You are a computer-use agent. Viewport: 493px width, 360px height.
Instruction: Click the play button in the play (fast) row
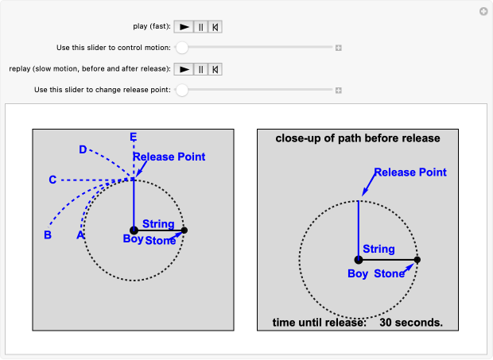pos(184,26)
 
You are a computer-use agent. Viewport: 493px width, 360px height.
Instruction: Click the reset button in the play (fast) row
pos(215,26)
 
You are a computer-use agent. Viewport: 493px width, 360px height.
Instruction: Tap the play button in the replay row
pos(184,69)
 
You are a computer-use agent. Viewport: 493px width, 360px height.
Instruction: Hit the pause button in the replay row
pos(200,69)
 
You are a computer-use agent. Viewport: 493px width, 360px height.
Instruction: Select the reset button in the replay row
pos(215,69)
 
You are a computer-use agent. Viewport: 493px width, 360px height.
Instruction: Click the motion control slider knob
pos(182,48)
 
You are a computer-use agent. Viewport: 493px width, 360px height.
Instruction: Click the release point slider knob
pos(182,90)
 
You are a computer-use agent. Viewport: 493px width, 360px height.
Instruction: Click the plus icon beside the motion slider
pos(338,48)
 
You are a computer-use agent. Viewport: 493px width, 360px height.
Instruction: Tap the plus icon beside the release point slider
pos(338,90)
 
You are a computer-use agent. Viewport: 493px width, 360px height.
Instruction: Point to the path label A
pos(80,235)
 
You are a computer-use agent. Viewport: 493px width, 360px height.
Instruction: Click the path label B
pos(48,235)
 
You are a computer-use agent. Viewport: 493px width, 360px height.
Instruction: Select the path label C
pos(52,180)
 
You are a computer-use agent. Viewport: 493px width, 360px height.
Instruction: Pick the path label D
pos(83,149)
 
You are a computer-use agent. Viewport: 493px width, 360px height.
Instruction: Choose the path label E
pos(134,137)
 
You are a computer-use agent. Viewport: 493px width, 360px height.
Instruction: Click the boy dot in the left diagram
pos(134,230)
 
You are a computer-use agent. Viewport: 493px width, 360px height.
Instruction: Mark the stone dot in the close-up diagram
pos(417,260)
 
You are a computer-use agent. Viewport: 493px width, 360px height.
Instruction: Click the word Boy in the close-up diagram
pos(358,274)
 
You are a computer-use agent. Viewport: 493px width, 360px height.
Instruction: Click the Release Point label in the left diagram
pos(169,157)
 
